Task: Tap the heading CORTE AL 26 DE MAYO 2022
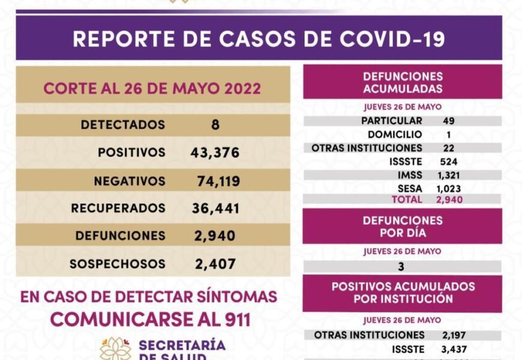152,89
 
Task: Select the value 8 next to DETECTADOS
215,125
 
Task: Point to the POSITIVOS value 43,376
215,153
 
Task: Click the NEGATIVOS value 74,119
218,181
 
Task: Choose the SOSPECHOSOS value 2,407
215,264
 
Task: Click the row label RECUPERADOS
118,208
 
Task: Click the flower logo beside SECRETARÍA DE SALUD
115,349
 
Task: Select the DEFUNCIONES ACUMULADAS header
403,83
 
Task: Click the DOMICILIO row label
395,134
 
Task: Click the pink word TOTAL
407,199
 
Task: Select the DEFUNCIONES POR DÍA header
403,226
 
